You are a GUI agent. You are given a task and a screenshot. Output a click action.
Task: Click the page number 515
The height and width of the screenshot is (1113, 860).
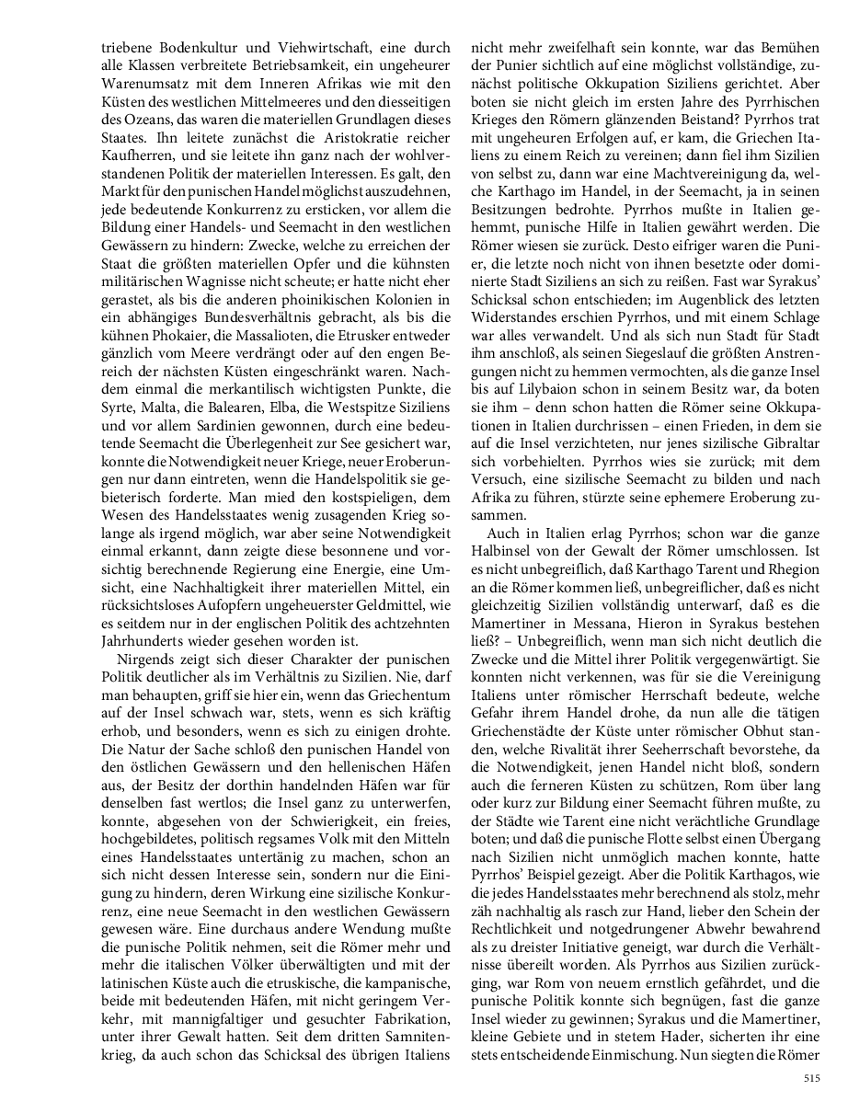pyautogui.click(x=809, y=1079)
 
